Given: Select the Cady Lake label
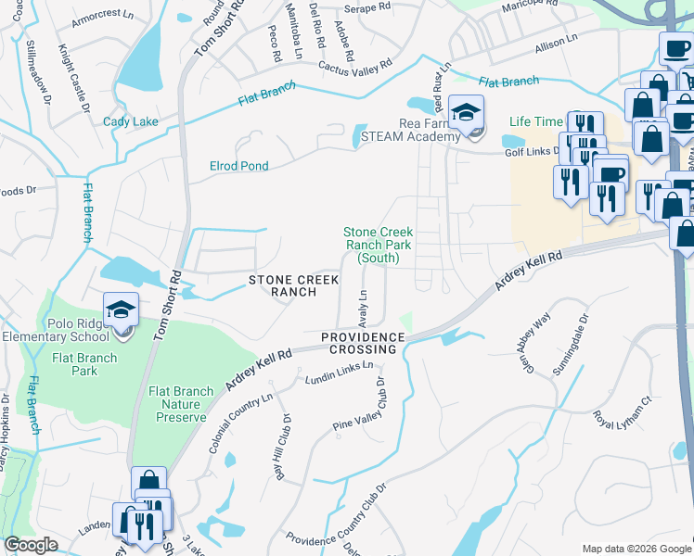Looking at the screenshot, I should pyautogui.click(x=130, y=121).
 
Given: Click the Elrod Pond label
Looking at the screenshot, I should pyautogui.click(x=238, y=166).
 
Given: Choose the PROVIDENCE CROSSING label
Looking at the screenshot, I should pyautogui.click(x=364, y=343).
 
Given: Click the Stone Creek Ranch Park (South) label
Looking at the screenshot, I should pyautogui.click(x=378, y=246).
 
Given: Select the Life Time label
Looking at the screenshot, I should pyautogui.click(x=535, y=121).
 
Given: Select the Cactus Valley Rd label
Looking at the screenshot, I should pyautogui.click(x=355, y=67).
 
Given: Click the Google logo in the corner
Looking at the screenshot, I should pyautogui.click(x=31, y=545).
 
